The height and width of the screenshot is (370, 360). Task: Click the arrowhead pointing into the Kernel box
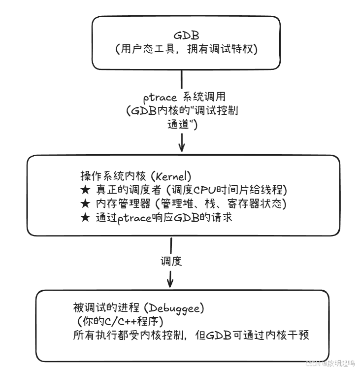182,146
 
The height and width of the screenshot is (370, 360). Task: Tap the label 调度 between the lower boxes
171,261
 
